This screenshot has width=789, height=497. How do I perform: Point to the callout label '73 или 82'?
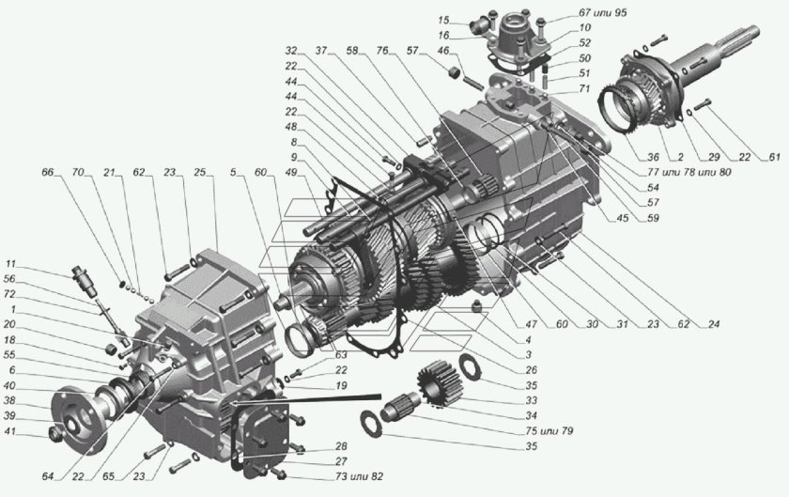point(347,478)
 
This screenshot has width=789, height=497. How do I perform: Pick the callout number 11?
point(9,264)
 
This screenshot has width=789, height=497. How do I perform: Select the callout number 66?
point(48,173)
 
